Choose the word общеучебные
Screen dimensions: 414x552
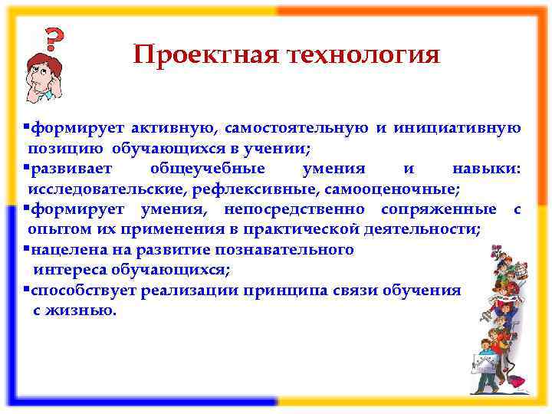[x=208, y=168]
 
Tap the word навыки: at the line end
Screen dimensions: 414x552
[x=485, y=168]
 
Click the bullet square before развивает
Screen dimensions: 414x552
[x=26, y=167]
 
